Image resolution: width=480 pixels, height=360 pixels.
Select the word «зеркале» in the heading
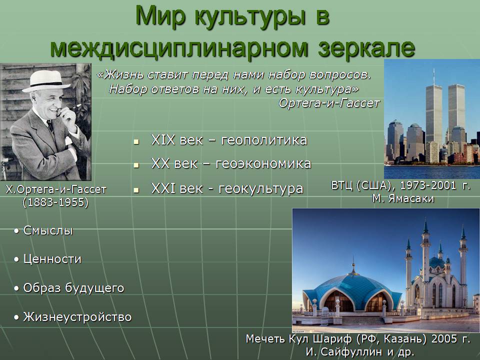click(x=366, y=47)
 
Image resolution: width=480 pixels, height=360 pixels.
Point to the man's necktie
click(x=50, y=126)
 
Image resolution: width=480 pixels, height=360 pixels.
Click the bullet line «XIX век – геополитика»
click(x=229, y=140)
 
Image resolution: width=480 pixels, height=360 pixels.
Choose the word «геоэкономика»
click(x=263, y=163)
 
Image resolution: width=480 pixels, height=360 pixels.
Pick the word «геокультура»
click(x=261, y=189)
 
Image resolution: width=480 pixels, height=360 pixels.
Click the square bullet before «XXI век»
click(x=136, y=190)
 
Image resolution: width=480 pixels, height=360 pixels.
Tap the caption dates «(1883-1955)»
click(x=55, y=202)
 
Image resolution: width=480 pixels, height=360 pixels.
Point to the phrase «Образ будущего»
click(x=74, y=288)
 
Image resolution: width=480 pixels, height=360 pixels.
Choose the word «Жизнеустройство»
click(x=77, y=317)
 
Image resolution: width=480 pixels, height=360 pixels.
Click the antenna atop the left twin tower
click(x=434, y=76)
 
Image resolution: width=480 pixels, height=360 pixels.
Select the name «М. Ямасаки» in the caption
click(x=403, y=198)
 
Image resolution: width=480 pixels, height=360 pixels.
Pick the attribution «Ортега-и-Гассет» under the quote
click(x=329, y=103)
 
